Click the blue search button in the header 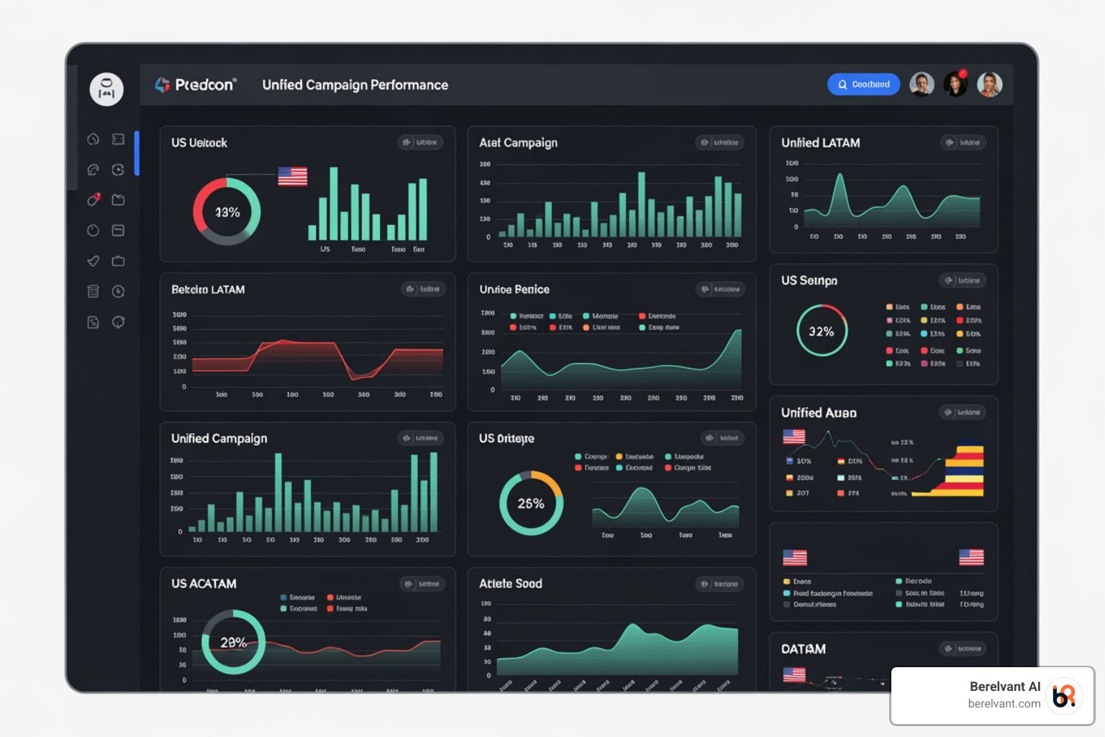pos(863,84)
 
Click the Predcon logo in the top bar pos(196,85)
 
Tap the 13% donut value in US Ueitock pos(227,212)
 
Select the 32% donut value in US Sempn pos(822,331)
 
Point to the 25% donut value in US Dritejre pos(531,504)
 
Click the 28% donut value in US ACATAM pos(233,642)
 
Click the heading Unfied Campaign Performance pos(355,85)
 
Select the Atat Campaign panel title pos(518,143)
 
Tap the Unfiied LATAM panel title pos(820,143)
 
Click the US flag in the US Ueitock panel pos(292,176)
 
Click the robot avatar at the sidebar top pos(106,89)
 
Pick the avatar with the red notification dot pos(956,84)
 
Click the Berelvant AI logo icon pos(1064,695)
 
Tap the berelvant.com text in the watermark pos(1004,704)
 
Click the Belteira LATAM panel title pos(208,289)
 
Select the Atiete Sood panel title pos(510,584)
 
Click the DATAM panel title pos(803,649)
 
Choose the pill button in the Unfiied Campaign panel pos(421,438)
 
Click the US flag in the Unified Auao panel pos(794,437)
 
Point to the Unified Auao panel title pos(819,413)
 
